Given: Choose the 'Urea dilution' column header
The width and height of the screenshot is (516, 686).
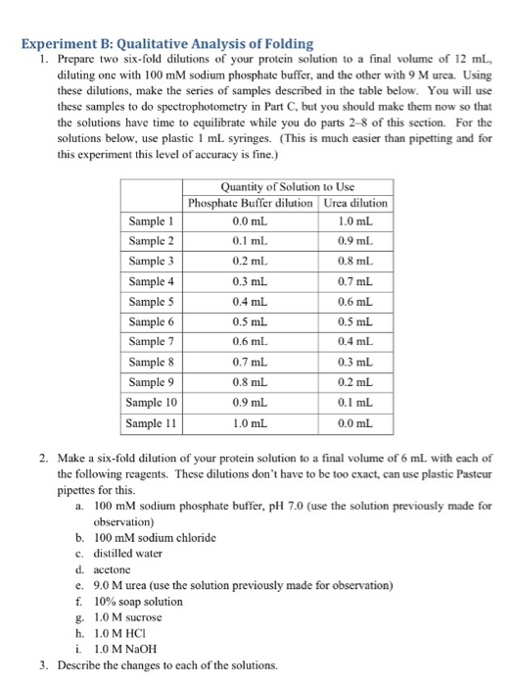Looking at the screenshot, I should point(355,203).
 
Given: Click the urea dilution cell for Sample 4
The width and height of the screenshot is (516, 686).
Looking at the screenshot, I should point(355,282).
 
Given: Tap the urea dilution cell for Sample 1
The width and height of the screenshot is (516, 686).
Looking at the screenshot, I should point(355,221).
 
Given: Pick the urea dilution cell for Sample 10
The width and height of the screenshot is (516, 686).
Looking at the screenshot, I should point(355,404).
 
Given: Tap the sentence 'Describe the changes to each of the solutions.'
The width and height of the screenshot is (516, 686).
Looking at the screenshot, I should point(177,664).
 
